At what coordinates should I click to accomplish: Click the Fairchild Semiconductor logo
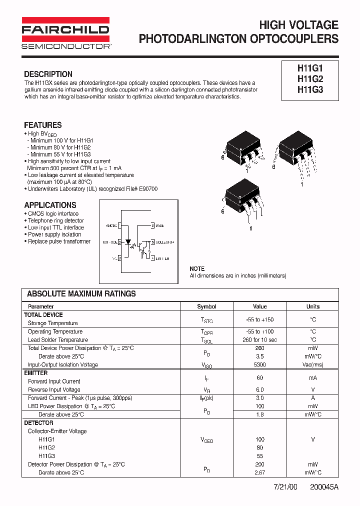coord(65,33)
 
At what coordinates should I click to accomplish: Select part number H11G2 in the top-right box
coord(310,79)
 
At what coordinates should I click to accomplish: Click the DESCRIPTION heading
coord(48,74)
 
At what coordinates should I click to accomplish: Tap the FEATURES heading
coord(43,125)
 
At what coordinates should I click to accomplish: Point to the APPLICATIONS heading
coord(50,205)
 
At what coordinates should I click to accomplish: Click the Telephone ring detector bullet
coord(55,220)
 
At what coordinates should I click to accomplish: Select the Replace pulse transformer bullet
coord(59,241)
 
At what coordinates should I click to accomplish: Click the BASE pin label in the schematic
coord(160,226)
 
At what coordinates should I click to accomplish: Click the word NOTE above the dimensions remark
coord(197,269)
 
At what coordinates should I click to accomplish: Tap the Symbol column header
coord(206,306)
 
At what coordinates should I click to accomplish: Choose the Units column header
coord(313,306)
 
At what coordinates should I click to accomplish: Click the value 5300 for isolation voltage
coord(259,364)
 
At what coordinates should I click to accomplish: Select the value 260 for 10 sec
coord(259,340)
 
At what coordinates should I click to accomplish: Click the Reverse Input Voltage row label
coord(54,389)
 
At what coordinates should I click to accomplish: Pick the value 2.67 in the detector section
coord(259,472)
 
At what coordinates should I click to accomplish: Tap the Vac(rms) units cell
coord(313,364)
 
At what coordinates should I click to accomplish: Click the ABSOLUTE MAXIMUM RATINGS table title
coord(81,294)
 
